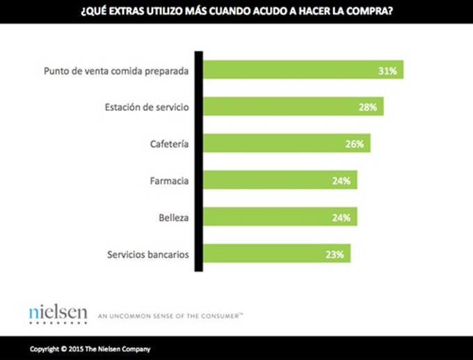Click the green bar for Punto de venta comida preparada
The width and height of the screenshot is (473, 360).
click(303, 69)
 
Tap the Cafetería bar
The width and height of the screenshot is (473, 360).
click(286, 143)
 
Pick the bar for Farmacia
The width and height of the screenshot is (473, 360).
click(280, 180)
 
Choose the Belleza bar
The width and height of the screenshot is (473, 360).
click(280, 217)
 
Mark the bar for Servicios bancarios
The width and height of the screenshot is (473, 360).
click(276, 254)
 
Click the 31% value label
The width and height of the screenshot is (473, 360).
click(387, 70)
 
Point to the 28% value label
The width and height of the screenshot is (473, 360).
click(368, 107)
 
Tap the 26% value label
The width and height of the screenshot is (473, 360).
click(355, 144)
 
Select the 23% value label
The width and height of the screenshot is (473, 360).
click(335, 254)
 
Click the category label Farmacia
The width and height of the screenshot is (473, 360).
click(170, 181)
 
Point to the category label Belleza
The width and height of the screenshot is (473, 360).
click(174, 218)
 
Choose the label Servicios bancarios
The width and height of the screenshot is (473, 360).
click(147, 254)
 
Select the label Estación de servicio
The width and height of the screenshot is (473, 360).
click(146, 107)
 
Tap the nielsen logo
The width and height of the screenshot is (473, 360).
click(58, 313)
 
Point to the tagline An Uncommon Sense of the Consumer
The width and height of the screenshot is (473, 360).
click(171, 316)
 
